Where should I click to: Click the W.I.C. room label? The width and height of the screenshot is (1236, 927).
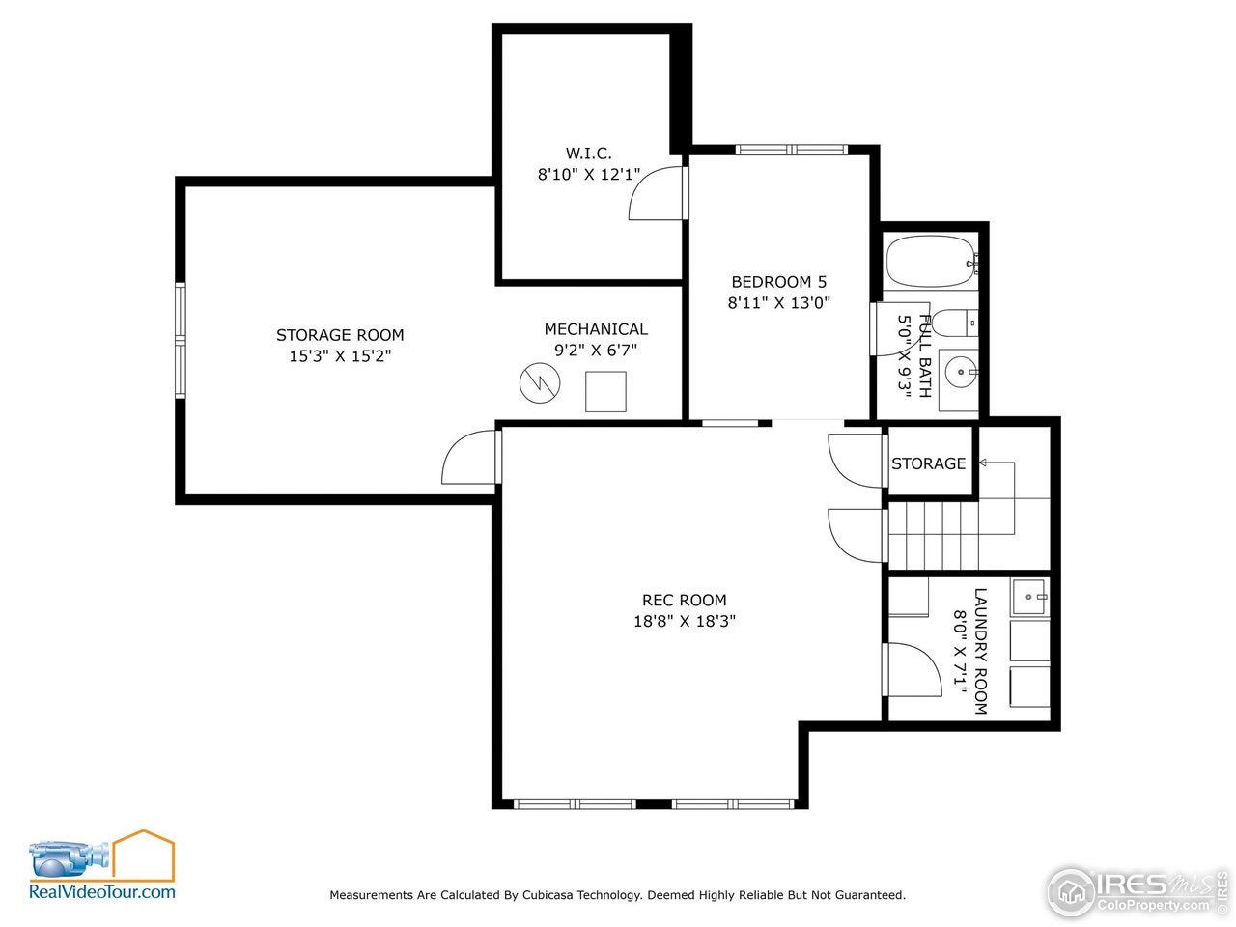point(588,154)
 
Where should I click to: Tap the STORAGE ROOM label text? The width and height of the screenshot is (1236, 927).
point(340,335)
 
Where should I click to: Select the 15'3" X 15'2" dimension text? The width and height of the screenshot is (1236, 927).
point(340,356)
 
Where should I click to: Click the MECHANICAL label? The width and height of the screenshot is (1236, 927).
point(596,329)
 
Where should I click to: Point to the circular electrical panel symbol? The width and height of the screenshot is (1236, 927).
point(540,383)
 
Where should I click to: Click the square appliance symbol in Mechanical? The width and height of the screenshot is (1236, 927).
point(605,391)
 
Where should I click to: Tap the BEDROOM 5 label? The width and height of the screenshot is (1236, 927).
point(778,282)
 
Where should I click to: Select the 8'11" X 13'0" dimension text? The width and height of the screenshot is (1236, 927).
point(778,302)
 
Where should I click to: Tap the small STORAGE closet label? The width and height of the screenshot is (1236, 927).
point(928,463)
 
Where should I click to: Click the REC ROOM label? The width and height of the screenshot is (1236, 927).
point(684,601)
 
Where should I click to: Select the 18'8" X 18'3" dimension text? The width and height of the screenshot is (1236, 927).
point(684,622)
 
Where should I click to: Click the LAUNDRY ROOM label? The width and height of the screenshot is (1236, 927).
point(980,651)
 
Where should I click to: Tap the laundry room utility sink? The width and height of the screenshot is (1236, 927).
point(1029,597)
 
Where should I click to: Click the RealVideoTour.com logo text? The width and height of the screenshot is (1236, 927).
point(102,892)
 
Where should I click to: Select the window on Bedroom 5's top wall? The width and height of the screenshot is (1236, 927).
point(791,150)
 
